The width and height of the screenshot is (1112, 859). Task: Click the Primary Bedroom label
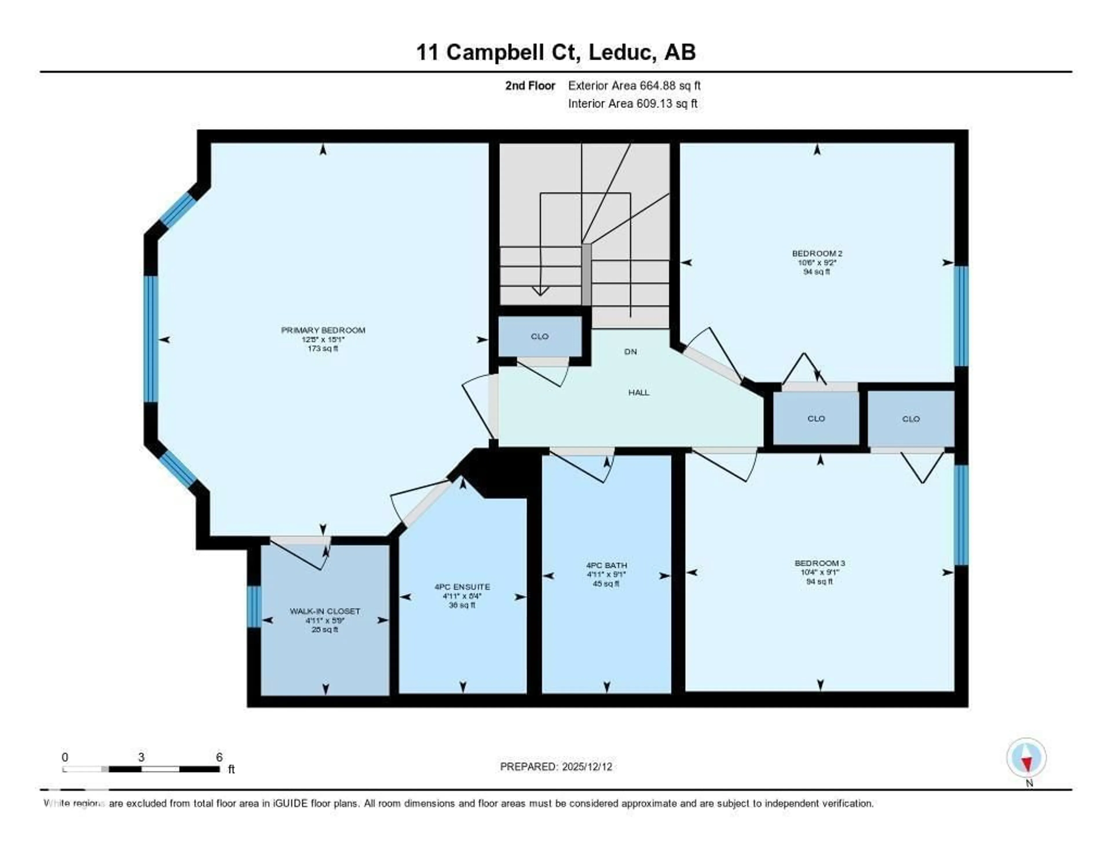tap(323, 330)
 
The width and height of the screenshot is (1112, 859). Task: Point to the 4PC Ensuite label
tap(462, 586)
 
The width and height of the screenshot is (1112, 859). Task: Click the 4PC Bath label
tap(606, 565)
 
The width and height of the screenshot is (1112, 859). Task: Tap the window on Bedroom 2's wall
tap(960, 316)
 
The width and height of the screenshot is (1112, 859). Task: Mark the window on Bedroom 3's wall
tap(960, 515)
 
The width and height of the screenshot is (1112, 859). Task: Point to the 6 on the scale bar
tap(219, 757)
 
